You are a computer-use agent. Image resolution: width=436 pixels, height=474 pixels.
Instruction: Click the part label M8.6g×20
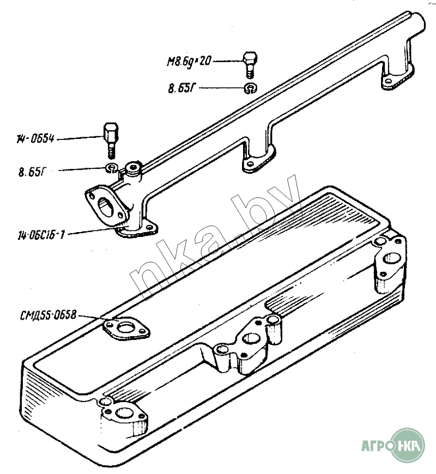pos(189,61)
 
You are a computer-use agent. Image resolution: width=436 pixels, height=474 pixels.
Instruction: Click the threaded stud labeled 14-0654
pos(109,138)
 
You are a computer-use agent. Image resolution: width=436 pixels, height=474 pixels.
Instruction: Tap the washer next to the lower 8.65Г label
pos(112,167)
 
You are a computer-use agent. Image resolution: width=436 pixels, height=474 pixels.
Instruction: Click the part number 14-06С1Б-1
pos(41,235)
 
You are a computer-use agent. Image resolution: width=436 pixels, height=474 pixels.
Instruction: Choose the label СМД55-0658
pos(47,315)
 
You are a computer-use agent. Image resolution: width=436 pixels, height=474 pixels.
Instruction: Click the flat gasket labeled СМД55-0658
pos(127,329)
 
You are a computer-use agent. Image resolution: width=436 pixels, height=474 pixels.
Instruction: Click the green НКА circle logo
pos(408,445)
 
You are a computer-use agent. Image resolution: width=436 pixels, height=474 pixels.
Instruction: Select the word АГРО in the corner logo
pos(377,445)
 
